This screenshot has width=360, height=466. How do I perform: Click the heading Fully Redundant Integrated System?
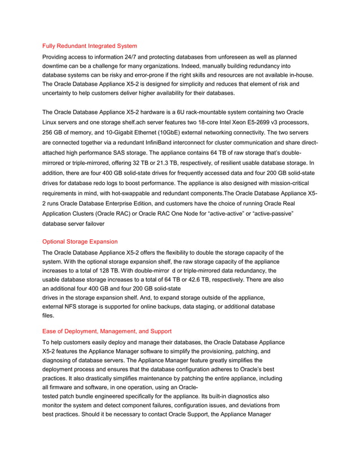(90, 46)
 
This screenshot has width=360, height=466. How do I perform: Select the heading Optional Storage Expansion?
(80, 241)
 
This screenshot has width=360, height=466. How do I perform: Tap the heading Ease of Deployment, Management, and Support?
(107, 331)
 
